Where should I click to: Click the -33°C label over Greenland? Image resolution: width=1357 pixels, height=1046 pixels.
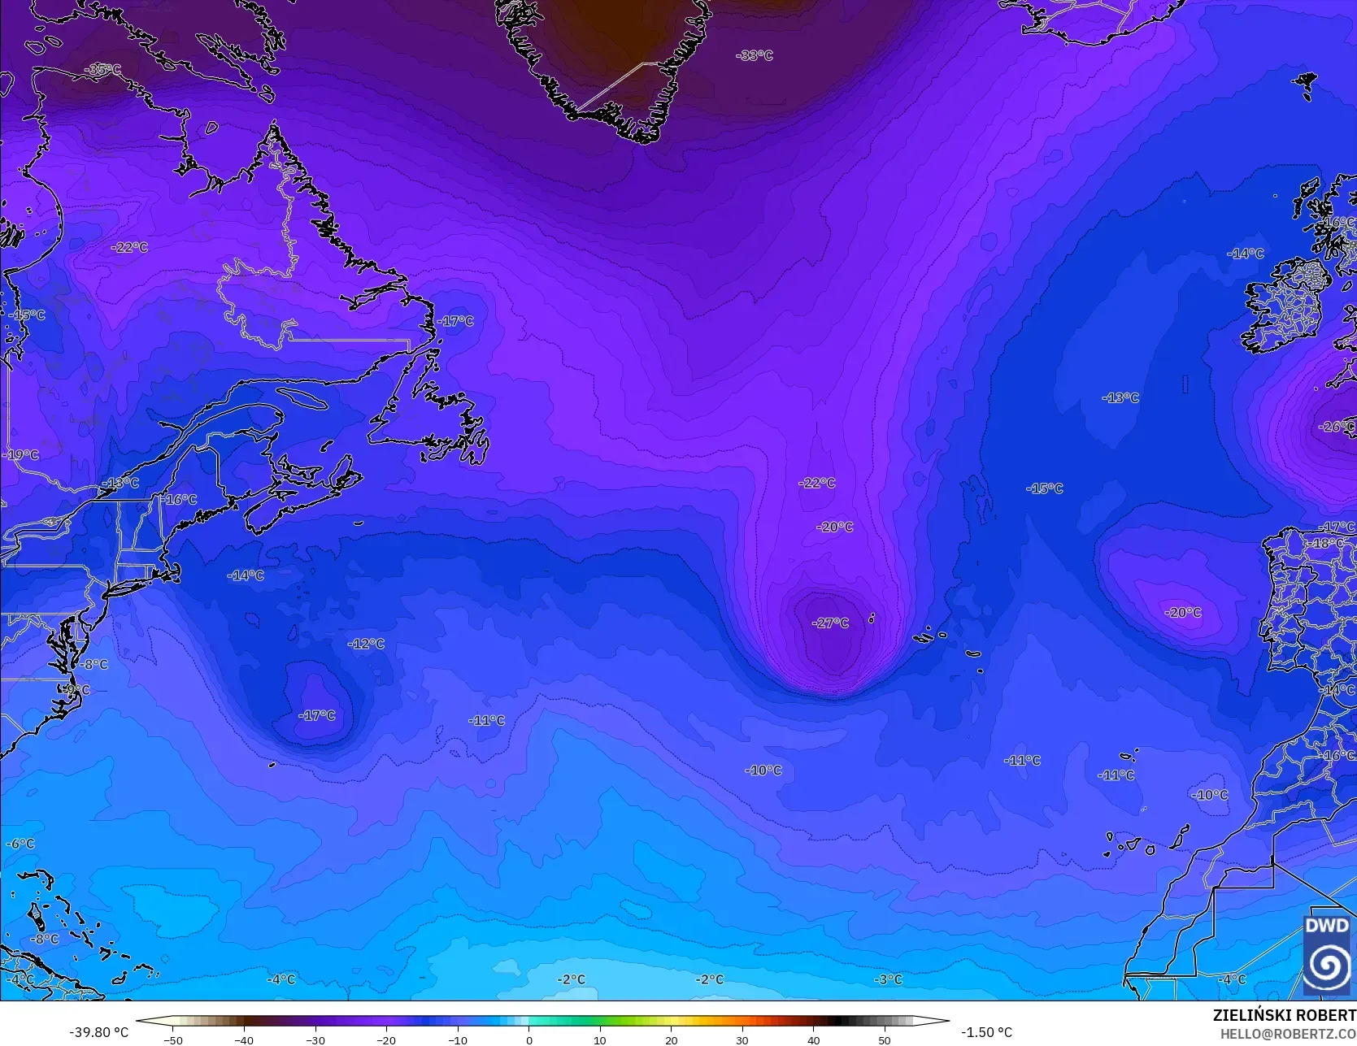tap(755, 55)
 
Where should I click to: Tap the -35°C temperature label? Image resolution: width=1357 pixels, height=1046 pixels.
tap(103, 70)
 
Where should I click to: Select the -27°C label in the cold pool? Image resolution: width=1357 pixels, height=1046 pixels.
tap(830, 623)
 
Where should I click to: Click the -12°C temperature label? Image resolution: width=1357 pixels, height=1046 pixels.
tap(366, 644)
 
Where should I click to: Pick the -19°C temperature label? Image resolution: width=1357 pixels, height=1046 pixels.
tap(21, 455)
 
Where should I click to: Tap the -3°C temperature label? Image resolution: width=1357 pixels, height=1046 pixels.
tap(888, 979)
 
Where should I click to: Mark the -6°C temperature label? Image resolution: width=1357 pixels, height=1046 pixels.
tap(20, 844)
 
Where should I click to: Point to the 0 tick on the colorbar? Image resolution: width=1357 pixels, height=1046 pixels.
tap(528, 1039)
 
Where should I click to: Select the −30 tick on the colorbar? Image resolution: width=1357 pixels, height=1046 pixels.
tap(315, 1039)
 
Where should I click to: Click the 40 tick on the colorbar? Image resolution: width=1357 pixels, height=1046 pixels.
tap(813, 1039)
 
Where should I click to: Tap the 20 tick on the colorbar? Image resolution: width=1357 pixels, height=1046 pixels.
tap(671, 1039)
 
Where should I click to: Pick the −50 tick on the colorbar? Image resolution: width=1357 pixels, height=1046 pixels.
tap(172, 1039)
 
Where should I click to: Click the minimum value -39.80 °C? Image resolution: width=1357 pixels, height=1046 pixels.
tap(99, 1032)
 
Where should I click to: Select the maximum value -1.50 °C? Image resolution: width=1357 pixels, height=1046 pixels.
tap(986, 1032)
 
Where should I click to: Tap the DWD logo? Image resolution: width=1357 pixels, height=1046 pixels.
tap(1326, 955)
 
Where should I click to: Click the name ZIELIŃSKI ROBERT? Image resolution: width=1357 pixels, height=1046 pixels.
tap(1284, 1015)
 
